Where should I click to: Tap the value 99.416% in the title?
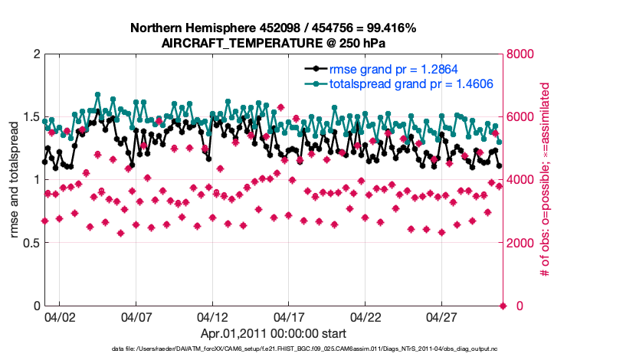[388, 28]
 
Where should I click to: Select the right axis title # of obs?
[546, 180]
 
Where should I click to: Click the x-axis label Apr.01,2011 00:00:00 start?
[273, 333]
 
